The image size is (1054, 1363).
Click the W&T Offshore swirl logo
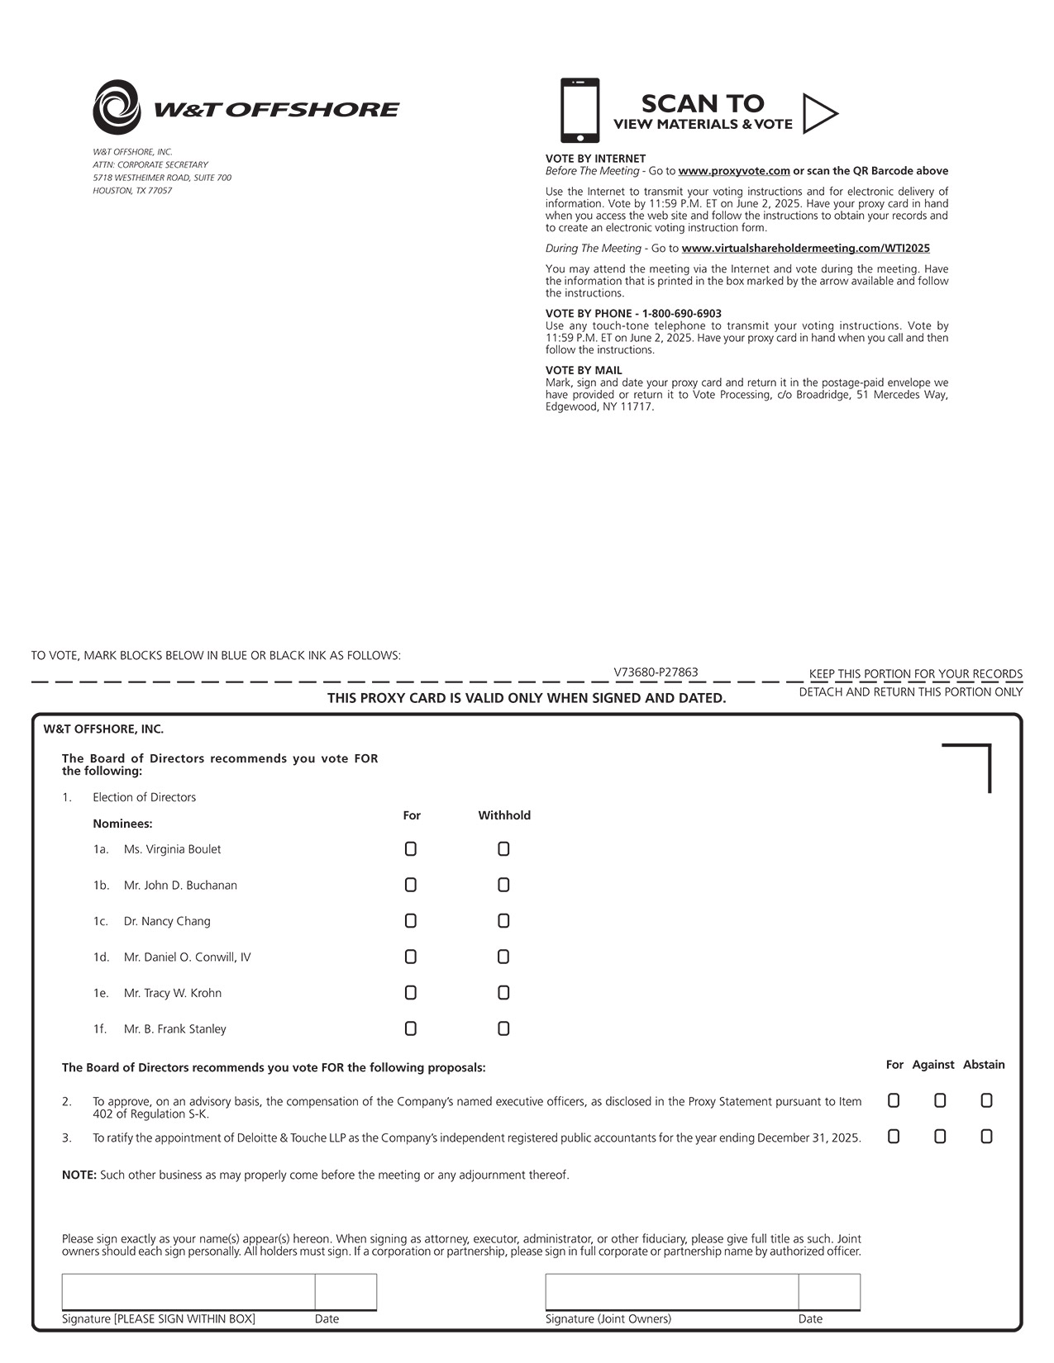117,107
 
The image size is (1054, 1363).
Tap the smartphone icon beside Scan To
579,111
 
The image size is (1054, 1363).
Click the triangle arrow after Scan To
819,113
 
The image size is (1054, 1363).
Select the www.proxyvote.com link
733,171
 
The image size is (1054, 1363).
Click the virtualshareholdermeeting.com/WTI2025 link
805,248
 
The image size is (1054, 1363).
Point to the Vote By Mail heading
584,370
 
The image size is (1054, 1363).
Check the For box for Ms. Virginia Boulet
411,849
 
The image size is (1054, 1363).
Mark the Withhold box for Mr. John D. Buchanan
503,885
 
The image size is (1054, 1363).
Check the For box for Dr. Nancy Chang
411,921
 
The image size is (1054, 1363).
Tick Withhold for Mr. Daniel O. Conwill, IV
503,957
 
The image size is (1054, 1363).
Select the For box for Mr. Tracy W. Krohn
411,993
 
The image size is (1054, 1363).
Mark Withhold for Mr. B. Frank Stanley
503,1028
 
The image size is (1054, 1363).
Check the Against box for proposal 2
940,1100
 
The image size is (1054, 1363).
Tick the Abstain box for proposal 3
986,1137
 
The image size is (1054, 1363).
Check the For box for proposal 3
894,1137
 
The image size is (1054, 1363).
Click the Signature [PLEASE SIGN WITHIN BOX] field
188,1292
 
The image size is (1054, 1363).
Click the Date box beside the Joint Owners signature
829,1292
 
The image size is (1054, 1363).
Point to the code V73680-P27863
656,672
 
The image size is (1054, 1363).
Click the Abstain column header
984,1065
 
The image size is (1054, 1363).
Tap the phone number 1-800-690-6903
681,314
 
